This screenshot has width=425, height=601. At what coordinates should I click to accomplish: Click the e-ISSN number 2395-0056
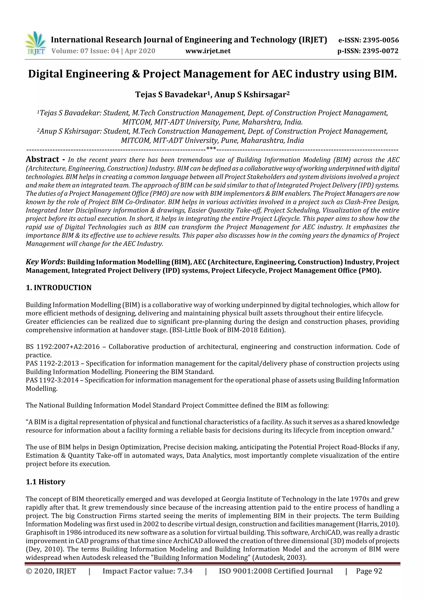coord(380,40)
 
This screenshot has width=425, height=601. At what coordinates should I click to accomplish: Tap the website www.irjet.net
coord(208,51)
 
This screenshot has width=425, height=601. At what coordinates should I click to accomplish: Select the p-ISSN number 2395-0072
coord(380,51)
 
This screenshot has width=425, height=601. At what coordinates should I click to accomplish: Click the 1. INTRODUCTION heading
coord(59,288)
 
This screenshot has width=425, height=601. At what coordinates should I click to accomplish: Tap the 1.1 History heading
coord(46,482)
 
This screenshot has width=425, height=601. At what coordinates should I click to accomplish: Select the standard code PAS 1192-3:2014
coord(52,380)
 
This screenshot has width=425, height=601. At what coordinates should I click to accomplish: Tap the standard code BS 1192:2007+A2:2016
coord(63,347)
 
